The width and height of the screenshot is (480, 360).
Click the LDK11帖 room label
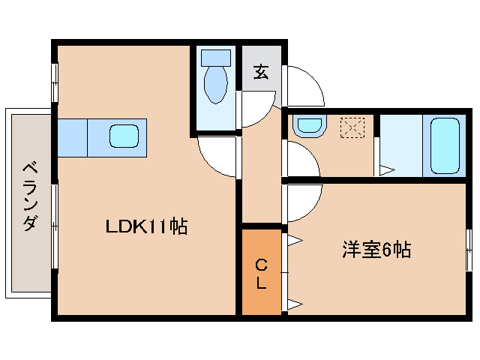tap(145, 226)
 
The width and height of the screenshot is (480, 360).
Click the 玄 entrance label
tap(260, 72)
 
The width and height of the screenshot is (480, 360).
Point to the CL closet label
tap(261, 274)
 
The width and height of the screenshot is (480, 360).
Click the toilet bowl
tap(216, 83)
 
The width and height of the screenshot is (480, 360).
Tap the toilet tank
tap(217, 57)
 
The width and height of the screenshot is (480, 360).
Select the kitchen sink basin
tap(124, 136)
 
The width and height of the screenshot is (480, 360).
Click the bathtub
tap(444, 145)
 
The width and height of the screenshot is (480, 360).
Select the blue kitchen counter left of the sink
tap(73, 136)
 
